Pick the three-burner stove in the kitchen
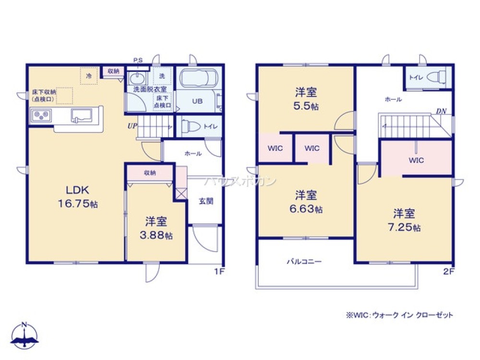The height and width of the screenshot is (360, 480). (41, 116)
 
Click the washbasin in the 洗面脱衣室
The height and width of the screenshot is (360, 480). (138, 78)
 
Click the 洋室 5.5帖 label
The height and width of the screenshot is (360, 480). (306, 98)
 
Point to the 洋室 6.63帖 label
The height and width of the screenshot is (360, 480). (306, 202)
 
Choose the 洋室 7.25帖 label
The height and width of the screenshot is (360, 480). (405, 220)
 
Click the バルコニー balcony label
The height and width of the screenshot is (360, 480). (304, 262)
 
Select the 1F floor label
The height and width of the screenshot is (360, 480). (219, 271)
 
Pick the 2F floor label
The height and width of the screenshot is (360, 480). (448, 271)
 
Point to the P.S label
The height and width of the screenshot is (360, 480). (138, 60)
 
